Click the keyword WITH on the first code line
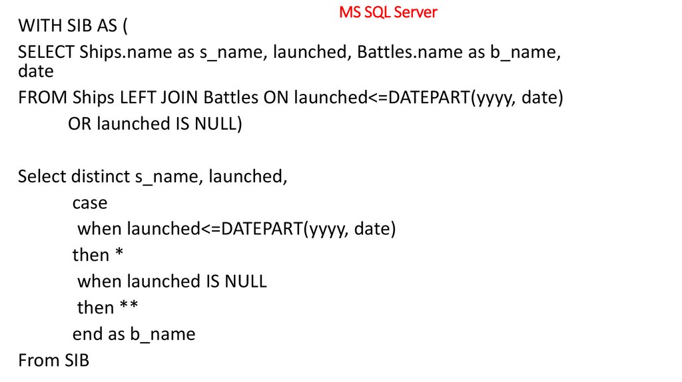[x=38, y=26]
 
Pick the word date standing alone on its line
[x=35, y=70]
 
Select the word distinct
[x=100, y=176]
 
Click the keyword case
[x=90, y=203]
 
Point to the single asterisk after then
[x=120, y=255]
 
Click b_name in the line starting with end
[x=163, y=334]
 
